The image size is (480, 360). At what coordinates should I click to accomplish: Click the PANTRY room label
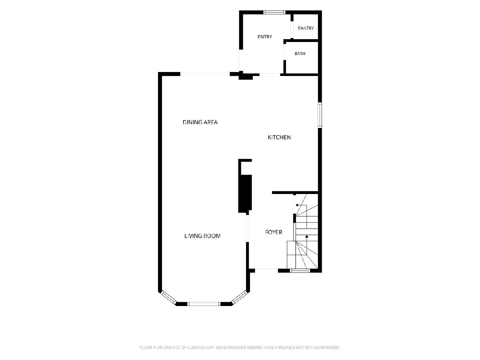coord(306,28)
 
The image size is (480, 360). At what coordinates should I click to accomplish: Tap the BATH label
coord(300,54)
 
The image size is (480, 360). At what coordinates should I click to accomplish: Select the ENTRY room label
coord(265,36)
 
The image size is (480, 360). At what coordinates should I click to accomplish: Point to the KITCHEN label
coord(279,137)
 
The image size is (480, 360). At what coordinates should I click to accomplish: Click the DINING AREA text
coord(200,122)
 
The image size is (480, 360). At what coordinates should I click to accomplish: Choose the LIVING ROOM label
coord(202,236)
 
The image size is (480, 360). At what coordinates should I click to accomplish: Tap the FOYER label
coord(274,232)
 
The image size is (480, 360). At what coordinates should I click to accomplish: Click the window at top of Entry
coord(274,12)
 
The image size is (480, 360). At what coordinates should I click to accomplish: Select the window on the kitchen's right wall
coord(320,115)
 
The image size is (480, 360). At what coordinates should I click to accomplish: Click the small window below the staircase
coord(300,271)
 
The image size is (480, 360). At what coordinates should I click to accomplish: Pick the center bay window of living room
coord(204,304)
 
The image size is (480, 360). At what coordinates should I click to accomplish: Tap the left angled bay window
coord(168,297)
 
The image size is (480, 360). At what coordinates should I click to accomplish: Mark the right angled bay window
coord(240,297)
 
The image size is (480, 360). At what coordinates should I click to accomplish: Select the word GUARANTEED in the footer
coord(327,347)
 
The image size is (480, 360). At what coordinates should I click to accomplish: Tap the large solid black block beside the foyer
coord(245,194)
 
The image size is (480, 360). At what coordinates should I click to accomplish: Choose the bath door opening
coord(285,52)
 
